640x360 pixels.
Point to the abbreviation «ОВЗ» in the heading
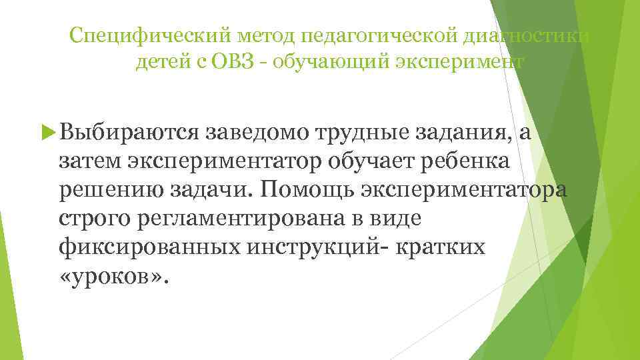click(229, 63)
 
